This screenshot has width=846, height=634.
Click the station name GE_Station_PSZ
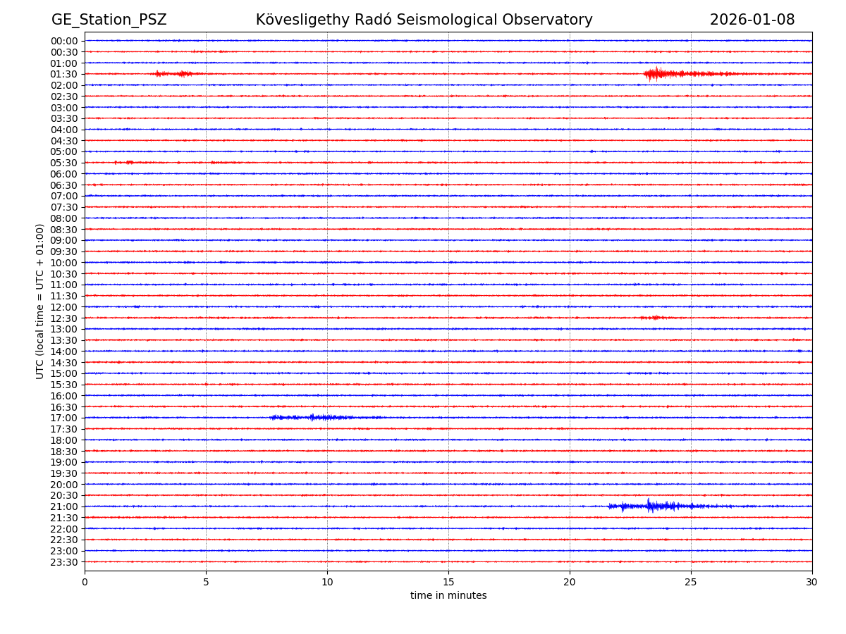pos(109,20)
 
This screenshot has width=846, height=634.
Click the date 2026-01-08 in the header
pos(752,20)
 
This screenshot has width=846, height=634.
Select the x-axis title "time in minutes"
pos(448,595)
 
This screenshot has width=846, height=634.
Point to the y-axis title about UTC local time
pos(40,301)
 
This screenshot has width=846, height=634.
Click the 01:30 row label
pos(64,74)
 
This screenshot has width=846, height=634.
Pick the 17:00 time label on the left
pos(64,418)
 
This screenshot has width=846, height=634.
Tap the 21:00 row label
pos(64,506)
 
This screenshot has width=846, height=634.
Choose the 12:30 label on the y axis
pos(64,318)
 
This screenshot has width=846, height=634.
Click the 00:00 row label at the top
pos(64,41)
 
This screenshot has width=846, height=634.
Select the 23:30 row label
pos(64,561)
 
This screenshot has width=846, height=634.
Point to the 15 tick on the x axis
pos(448,582)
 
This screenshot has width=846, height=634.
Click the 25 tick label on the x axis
pos(691,582)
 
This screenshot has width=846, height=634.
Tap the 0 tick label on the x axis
pos(85,582)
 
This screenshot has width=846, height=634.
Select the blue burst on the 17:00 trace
pos(314,418)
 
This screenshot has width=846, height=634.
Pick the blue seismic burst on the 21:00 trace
pos(652,506)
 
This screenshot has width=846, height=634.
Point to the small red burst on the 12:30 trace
pos(654,318)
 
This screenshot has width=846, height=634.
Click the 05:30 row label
pos(64,163)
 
